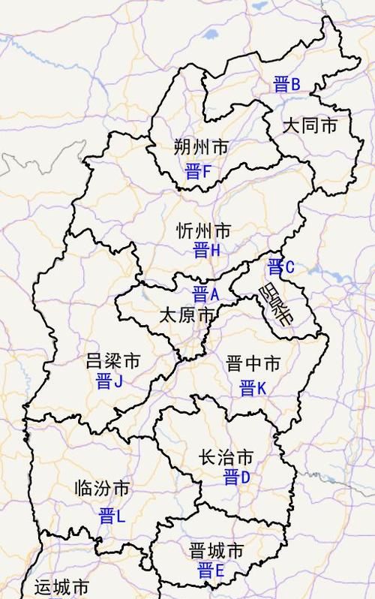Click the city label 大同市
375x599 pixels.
[x=310, y=126]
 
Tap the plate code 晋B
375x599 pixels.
[x=286, y=84]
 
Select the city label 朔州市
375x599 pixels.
[x=200, y=146]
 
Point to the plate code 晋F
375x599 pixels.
[x=198, y=173]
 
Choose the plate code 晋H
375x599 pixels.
[x=206, y=251]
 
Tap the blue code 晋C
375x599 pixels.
[x=281, y=266]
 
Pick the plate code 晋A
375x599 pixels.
[x=205, y=293]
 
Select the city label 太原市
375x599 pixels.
[x=187, y=315]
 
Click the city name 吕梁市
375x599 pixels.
[x=113, y=361]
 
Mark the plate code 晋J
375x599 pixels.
[x=109, y=381]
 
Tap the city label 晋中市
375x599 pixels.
[x=253, y=365]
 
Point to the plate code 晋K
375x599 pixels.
[x=253, y=389]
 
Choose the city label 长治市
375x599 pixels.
[x=226, y=457]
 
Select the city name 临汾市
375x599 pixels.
[x=102, y=489]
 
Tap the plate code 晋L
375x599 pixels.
[x=112, y=516]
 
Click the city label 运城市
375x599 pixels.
[x=62, y=587]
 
